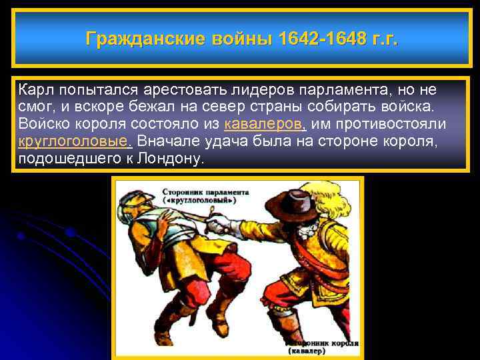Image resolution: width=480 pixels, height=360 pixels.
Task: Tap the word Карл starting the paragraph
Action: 36,90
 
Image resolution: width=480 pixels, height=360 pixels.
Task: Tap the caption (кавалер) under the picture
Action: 307,351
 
